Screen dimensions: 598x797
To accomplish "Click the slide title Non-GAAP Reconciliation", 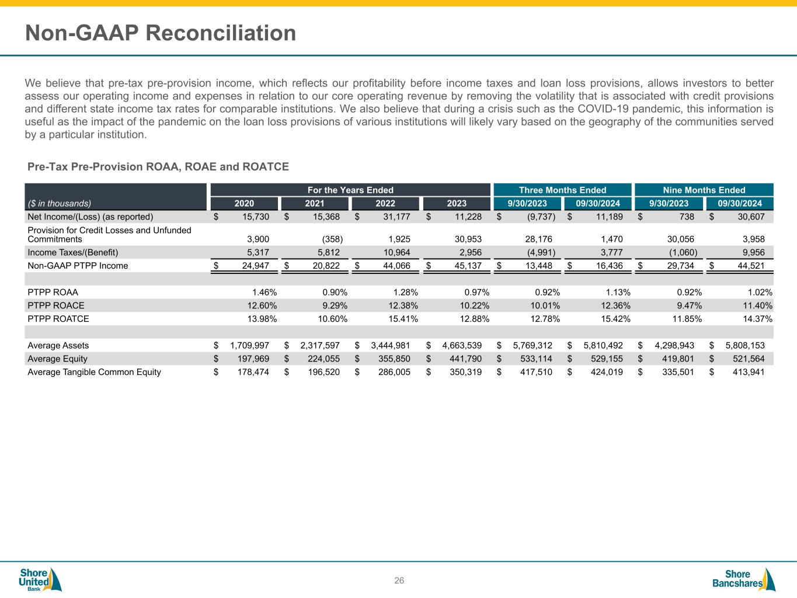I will [x=161, y=33].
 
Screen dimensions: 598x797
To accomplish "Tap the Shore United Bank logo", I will [x=40, y=579].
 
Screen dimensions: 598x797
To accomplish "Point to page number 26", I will [x=399, y=580].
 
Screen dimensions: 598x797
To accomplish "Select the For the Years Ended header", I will [x=350, y=190].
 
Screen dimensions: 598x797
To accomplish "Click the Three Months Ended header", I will [x=562, y=190].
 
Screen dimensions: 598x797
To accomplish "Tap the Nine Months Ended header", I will [x=704, y=190].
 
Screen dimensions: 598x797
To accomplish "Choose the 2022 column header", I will [x=385, y=204].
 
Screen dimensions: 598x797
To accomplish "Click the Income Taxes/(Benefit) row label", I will [x=73, y=252].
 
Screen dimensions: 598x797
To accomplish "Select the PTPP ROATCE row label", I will [x=58, y=319].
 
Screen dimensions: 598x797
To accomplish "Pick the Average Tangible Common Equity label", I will [x=95, y=372].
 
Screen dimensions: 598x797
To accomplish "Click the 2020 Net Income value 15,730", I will [x=256, y=217].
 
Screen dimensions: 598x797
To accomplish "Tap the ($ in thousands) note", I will [x=60, y=204].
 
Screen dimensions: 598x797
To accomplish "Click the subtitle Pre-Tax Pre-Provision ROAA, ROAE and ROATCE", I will [x=158, y=167].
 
